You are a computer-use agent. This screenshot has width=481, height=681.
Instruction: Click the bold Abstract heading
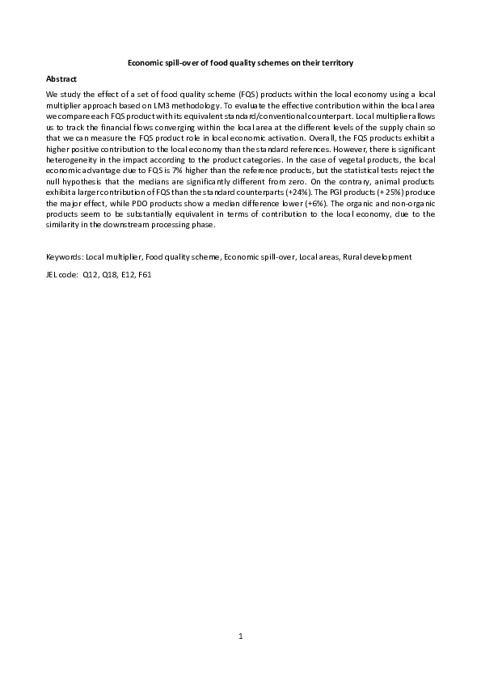point(61,78)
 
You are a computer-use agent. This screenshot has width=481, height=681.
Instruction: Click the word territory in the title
point(332,62)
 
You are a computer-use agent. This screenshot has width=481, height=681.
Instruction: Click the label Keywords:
point(65,256)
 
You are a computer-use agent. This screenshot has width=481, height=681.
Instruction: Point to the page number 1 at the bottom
point(240,636)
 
